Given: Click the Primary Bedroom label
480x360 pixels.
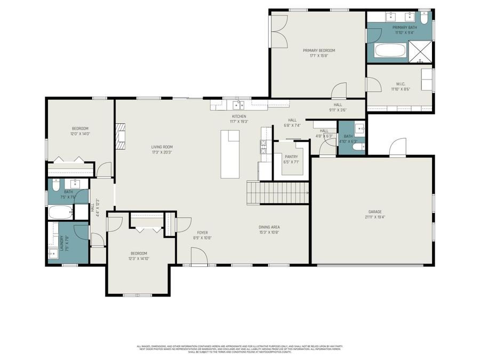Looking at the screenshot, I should pyautogui.click(x=319, y=50).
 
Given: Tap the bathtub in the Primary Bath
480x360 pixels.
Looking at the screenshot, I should pyautogui.click(x=391, y=51).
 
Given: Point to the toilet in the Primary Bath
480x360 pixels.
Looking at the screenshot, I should pyautogui.click(x=424, y=19).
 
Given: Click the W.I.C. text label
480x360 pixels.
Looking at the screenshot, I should pyautogui.click(x=401, y=84).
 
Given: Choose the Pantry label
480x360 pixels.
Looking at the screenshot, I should pyautogui.click(x=291, y=157).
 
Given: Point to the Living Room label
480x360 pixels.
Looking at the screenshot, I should pyautogui.click(x=162, y=147).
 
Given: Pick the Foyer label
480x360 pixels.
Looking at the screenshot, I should pyautogui.click(x=202, y=233).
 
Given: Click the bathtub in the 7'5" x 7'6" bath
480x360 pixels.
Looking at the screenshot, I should pyautogui.click(x=59, y=212).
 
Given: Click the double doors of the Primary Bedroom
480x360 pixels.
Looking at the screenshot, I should pyautogui.click(x=279, y=31).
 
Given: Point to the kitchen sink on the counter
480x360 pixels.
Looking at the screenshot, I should pyautogui.click(x=238, y=105).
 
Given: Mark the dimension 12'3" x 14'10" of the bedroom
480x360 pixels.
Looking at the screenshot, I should pyautogui.click(x=139, y=258).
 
